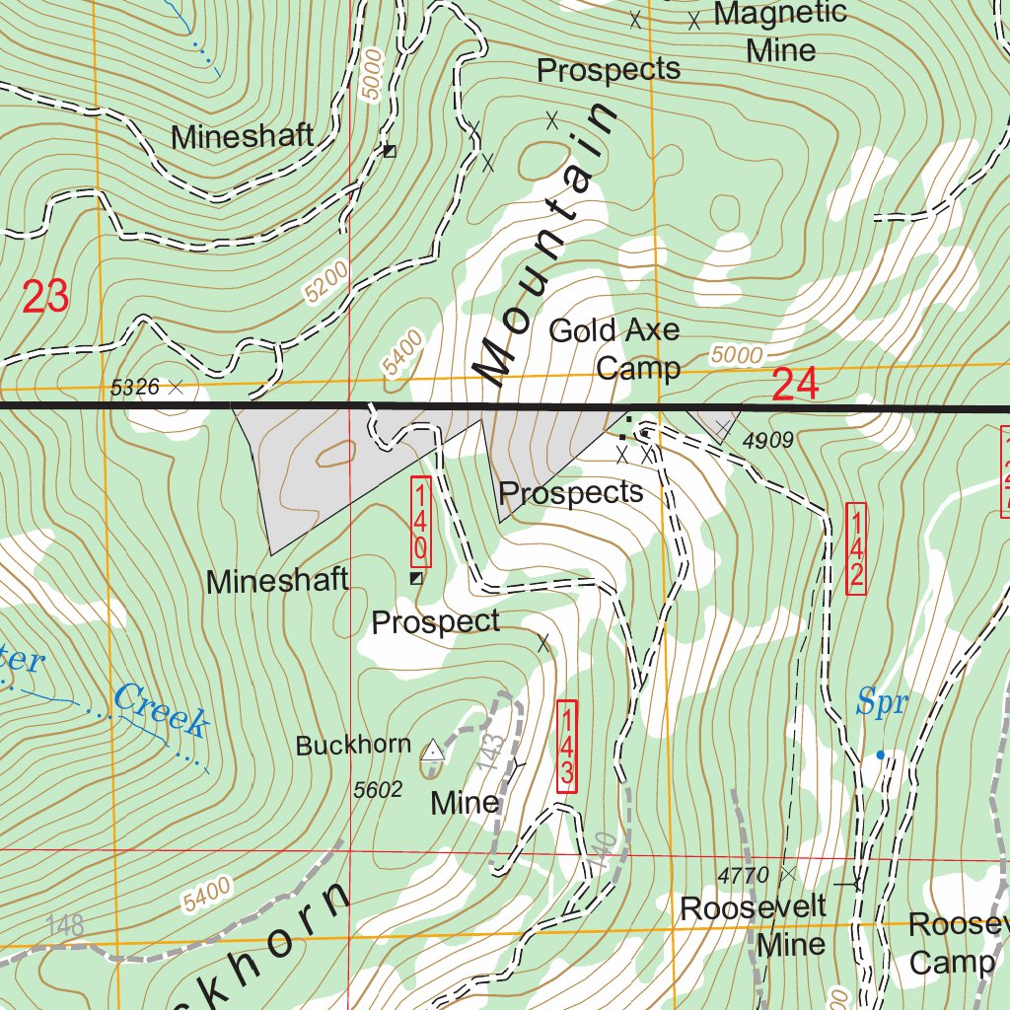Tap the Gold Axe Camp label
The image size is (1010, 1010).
pyautogui.click(x=614, y=349)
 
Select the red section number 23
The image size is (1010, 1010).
pyautogui.click(x=45, y=297)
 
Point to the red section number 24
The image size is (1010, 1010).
pyautogui.click(x=795, y=385)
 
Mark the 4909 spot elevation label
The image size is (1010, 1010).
pyautogui.click(x=768, y=441)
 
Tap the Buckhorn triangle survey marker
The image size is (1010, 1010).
pyautogui.click(x=432, y=752)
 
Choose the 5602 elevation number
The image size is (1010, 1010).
pyautogui.click(x=378, y=789)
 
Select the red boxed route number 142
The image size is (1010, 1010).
pyautogui.click(x=855, y=548)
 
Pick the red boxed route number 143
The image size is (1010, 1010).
pyautogui.click(x=566, y=745)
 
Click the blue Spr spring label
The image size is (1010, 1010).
pyautogui.click(x=881, y=703)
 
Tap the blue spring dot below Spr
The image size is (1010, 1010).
pyautogui.click(x=881, y=756)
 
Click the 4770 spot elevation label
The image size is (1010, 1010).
pyautogui.click(x=743, y=875)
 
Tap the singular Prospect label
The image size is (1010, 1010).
pyautogui.click(x=435, y=622)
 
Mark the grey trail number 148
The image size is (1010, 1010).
pyautogui.click(x=64, y=926)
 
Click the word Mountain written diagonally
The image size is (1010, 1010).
pyautogui.click(x=548, y=242)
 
